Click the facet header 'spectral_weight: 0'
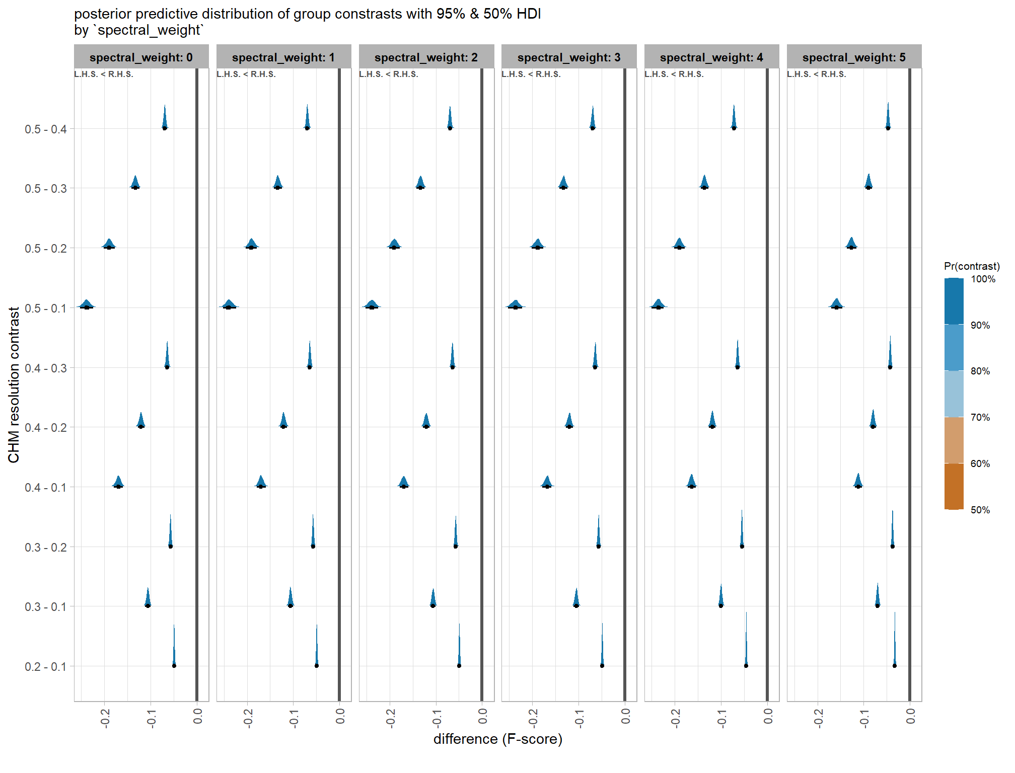141,57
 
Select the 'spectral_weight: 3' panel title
568,57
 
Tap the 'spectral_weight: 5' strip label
854,57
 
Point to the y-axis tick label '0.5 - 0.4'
45,129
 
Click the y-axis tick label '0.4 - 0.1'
45,488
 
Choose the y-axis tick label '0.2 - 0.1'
45,667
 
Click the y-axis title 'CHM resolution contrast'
14,385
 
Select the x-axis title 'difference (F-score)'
497,739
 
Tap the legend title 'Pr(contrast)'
972,266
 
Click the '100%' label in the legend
983,279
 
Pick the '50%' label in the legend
980,510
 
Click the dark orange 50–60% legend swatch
954,486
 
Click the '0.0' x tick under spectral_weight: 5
910,716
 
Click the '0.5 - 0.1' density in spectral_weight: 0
87,304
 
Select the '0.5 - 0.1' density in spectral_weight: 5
836,303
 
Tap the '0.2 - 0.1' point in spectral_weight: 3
602,665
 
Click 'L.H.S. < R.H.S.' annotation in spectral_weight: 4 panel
674,74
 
